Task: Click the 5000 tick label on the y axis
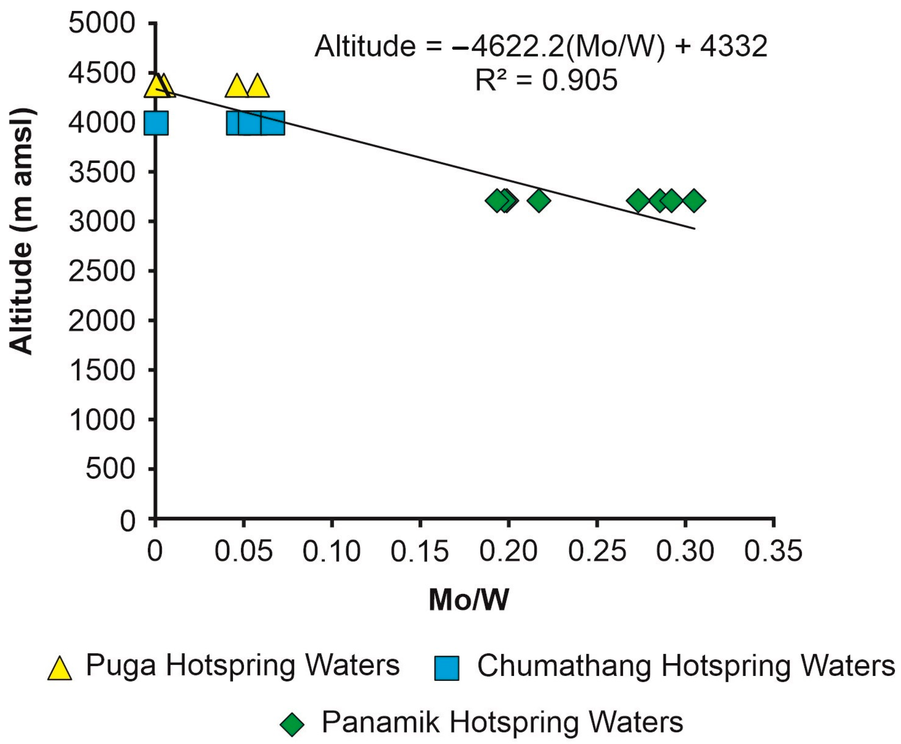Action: click(102, 23)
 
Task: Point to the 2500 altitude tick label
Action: click(102, 271)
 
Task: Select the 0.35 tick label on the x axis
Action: click(773, 551)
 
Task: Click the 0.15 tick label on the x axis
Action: click(419, 551)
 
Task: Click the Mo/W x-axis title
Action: click(468, 600)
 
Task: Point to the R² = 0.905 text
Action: click(546, 80)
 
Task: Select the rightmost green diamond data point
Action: click(694, 200)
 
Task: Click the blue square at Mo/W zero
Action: click(156, 123)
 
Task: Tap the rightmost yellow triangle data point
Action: click(258, 86)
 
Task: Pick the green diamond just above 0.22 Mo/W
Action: click(539, 200)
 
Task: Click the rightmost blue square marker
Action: click(273, 123)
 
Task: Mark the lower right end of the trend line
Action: click(693, 228)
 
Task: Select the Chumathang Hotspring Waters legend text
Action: click(686, 666)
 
